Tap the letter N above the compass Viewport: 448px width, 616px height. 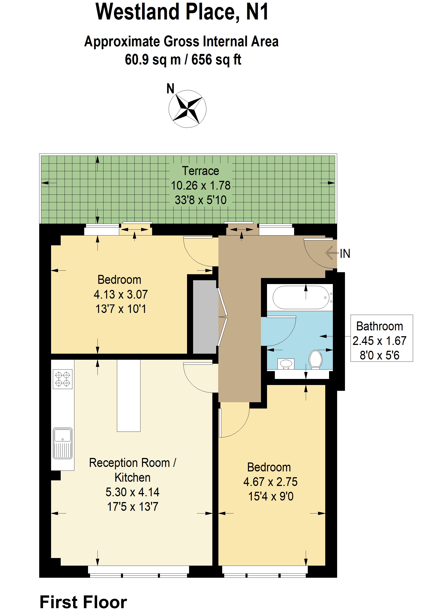[170, 89]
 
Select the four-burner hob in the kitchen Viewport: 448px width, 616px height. [62, 379]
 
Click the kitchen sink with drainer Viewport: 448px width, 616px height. [62, 443]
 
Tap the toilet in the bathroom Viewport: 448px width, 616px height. [315, 359]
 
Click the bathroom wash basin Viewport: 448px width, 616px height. [286, 364]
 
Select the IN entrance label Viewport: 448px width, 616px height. [345, 254]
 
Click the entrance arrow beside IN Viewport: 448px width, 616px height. [332, 253]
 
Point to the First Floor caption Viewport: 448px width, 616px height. [83, 602]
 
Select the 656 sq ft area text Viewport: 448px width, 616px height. [216, 60]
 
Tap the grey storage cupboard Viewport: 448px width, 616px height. [205, 317]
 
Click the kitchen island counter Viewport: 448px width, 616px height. [129, 396]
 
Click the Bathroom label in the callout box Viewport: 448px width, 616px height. [379, 326]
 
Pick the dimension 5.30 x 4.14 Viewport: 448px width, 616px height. [132, 492]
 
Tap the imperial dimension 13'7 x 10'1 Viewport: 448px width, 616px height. [121, 309]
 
